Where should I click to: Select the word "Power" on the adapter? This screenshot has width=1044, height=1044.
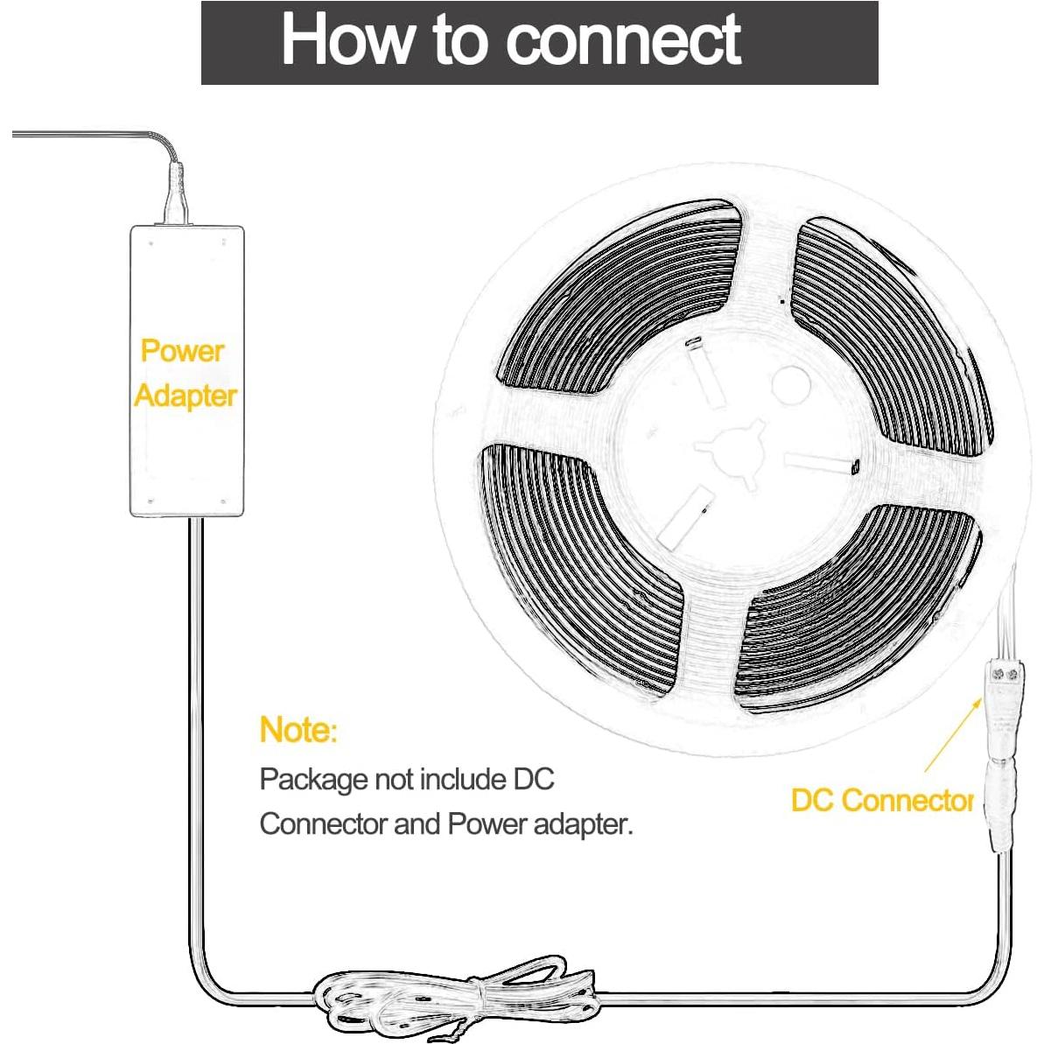(182, 351)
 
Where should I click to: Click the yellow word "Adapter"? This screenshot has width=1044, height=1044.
(186, 396)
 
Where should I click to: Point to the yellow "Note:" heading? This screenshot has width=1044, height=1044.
(298, 729)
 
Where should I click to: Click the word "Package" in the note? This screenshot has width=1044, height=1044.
(312, 779)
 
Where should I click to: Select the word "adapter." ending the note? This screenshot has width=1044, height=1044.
(583, 823)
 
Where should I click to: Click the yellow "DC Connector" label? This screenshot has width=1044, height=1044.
(881, 800)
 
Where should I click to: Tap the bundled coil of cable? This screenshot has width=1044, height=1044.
(455, 998)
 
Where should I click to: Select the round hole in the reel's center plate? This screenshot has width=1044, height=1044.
(790, 384)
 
